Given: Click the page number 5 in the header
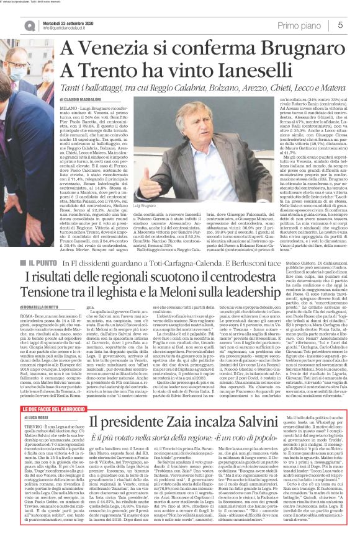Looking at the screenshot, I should [x=341, y=24].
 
